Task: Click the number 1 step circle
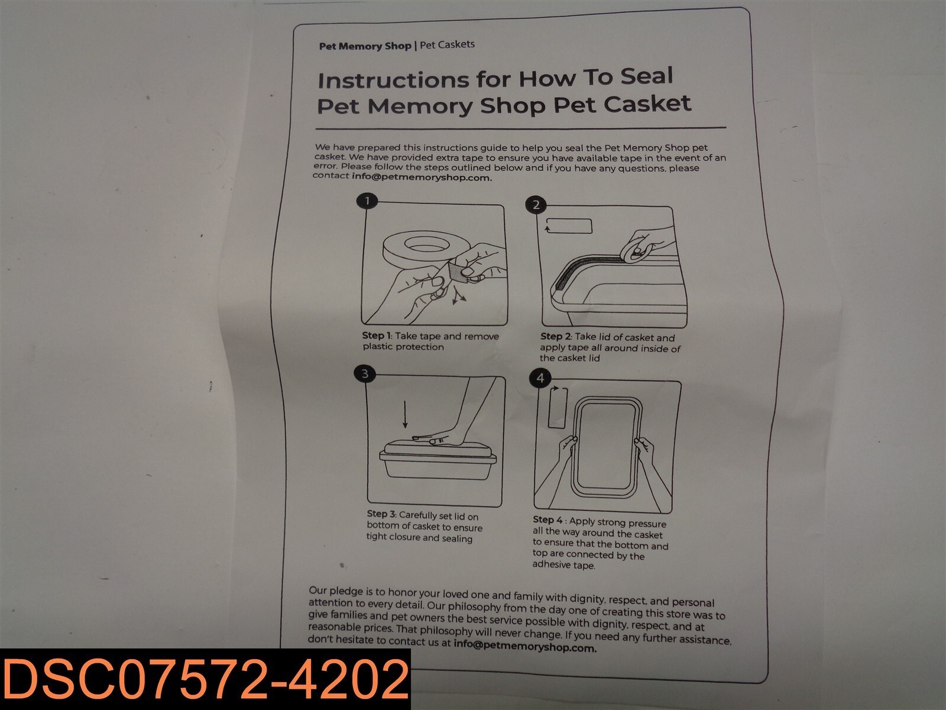click(367, 201)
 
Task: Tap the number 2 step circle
click(536, 205)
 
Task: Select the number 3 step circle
click(365, 374)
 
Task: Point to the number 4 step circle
click(540, 378)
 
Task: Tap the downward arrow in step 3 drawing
click(404, 414)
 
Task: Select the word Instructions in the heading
click(393, 80)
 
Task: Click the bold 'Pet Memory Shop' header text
click(365, 46)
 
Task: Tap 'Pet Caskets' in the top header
click(448, 44)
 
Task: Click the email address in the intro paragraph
click(422, 177)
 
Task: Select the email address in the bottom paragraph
click(525, 646)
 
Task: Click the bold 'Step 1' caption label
click(377, 335)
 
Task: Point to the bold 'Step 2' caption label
click(556, 336)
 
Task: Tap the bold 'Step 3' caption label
click(381, 514)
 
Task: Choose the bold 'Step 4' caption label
click(547, 520)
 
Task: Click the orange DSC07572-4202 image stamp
click(205, 680)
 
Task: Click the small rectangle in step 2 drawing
click(568, 226)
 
